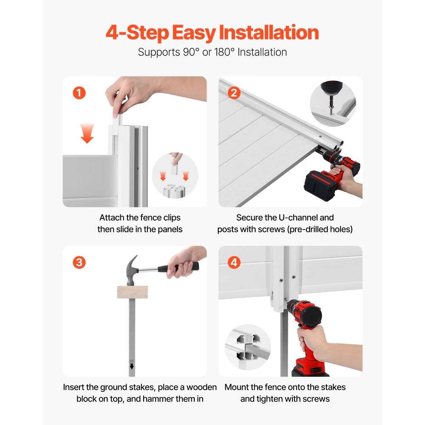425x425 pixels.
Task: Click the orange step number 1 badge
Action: click(79, 93)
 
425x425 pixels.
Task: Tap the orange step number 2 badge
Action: click(234, 93)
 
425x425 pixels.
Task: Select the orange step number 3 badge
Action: click(79, 262)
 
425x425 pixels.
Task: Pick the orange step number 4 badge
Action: click(234, 262)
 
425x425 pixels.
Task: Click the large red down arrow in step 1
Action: click(87, 133)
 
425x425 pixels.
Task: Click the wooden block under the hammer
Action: click(132, 292)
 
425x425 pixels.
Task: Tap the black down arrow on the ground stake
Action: click(132, 366)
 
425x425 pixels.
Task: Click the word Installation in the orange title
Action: click(269, 33)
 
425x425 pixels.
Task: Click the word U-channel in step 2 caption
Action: click(298, 217)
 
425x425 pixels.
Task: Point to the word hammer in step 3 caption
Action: click(159, 399)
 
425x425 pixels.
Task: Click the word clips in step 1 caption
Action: click(172, 218)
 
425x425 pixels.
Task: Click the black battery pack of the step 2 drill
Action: click(320, 186)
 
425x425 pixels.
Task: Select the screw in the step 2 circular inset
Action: click(331, 107)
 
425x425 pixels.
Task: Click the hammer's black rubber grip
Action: click(178, 268)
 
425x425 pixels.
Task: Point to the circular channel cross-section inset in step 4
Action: click(248, 347)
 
